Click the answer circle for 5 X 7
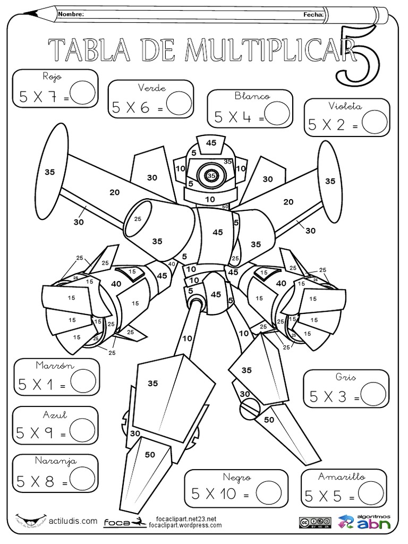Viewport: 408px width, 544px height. (x=82, y=93)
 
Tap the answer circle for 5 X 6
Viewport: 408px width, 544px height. (x=178, y=104)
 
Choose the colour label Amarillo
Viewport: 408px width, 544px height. (x=342, y=477)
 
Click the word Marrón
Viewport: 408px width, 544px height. (x=54, y=365)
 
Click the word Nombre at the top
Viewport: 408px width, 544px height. (x=71, y=15)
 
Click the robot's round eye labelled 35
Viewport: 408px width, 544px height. (x=211, y=175)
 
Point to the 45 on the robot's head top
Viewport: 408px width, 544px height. (x=211, y=142)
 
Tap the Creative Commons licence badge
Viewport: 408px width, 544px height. (x=316, y=522)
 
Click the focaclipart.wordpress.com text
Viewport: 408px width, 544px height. (x=182, y=525)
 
